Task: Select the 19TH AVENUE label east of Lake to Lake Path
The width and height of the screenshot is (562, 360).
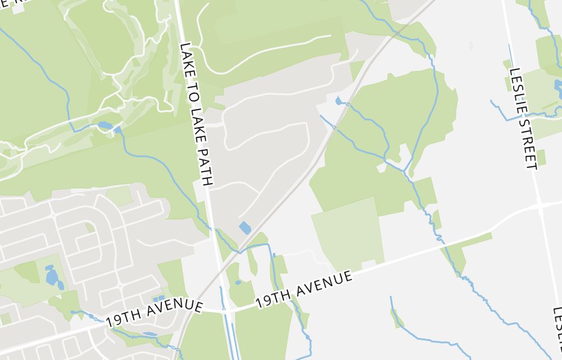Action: (x=304, y=289)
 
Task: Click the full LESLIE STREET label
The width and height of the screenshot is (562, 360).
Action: (x=523, y=118)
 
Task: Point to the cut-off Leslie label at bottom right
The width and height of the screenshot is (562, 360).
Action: (x=557, y=332)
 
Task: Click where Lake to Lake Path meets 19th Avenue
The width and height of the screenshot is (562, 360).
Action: (x=223, y=310)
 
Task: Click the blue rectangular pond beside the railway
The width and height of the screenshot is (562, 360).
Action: (x=245, y=228)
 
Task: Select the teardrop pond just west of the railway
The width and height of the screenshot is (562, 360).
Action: (x=338, y=101)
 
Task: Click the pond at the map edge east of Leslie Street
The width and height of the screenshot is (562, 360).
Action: (x=558, y=86)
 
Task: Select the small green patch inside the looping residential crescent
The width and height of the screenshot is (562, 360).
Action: (x=89, y=227)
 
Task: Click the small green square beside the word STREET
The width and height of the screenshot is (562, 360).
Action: (x=541, y=157)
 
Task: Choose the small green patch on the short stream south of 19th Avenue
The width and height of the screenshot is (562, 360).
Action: (x=397, y=318)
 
